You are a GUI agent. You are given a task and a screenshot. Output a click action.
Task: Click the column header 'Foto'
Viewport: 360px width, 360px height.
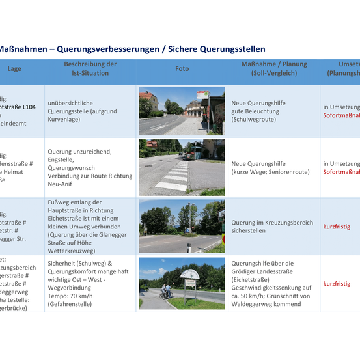pos(182,69)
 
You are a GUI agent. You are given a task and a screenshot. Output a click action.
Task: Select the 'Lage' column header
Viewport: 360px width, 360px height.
pos(14,69)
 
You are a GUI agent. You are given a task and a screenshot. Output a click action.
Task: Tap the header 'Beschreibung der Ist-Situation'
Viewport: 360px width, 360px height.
pos(90,69)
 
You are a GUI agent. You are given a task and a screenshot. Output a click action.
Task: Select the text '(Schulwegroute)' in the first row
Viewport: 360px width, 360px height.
pos(253,120)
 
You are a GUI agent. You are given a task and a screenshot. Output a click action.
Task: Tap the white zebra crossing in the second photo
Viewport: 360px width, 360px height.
pos(171,176)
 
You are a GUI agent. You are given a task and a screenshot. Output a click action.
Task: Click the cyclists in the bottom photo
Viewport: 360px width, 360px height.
pos(167,292)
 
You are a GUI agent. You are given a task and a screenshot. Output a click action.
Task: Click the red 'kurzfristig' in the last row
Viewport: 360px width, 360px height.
pos(337,284)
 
